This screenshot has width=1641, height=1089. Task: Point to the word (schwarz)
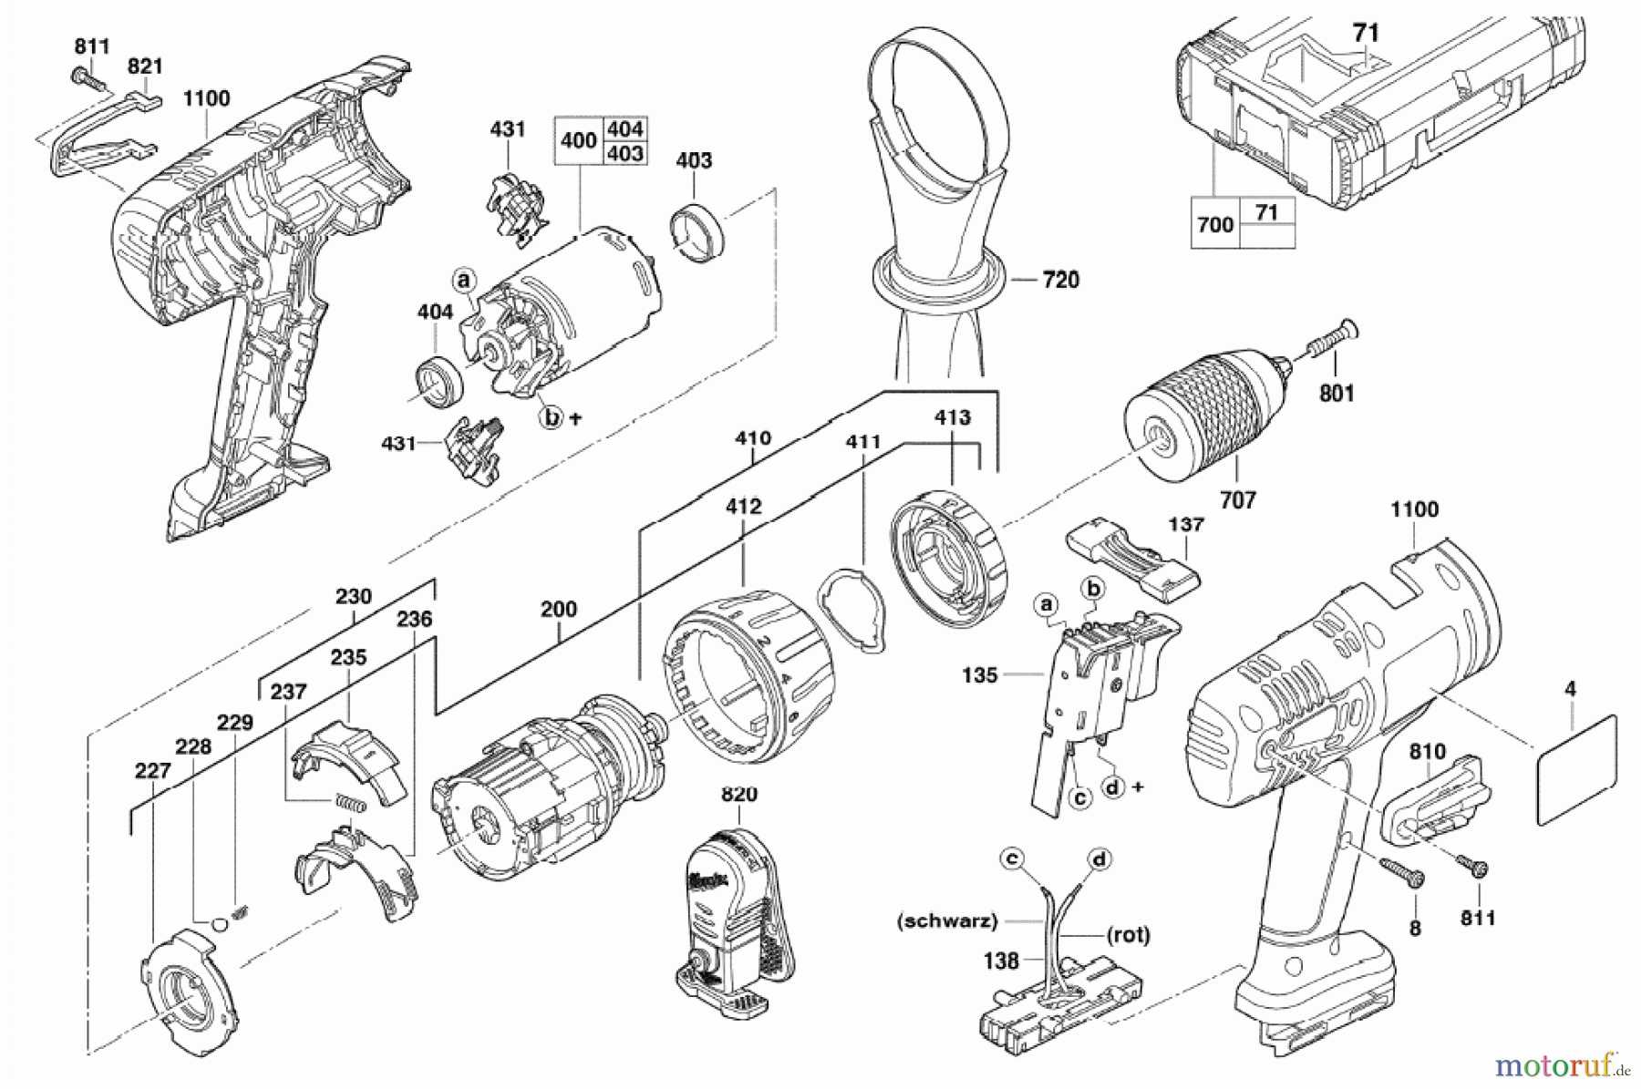click(x=946, y=921)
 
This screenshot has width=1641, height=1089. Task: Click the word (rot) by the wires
click(x=1129, y=934)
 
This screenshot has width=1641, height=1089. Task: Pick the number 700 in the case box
click(x=1215, y=223)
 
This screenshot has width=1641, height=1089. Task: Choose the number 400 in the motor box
click(x=579, y=140)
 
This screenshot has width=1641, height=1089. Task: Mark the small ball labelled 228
click(x=219, y=925)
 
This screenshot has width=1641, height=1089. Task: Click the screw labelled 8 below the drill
click(x=1403, y=871)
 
